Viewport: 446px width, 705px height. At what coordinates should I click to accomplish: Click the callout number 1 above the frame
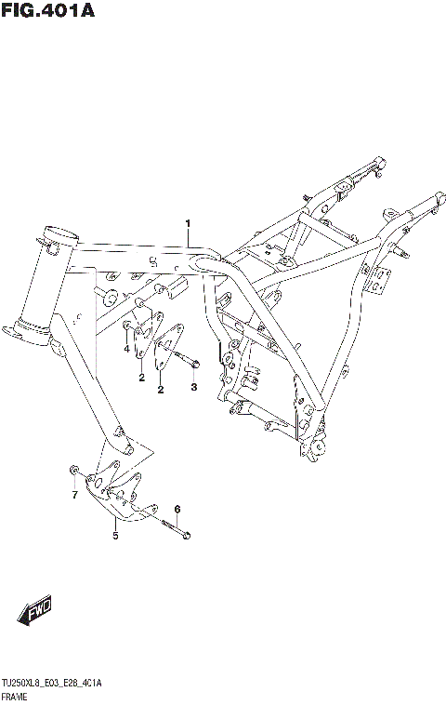coord(187,223)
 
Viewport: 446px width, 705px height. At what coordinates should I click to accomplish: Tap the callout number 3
coord(193,387)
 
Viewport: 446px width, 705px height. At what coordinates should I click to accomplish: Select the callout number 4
coord(127,349)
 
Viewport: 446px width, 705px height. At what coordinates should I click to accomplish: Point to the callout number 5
coord(115,536)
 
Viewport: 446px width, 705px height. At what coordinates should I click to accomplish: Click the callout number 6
coord(177,508)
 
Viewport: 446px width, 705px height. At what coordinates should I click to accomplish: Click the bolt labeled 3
coord(188,357)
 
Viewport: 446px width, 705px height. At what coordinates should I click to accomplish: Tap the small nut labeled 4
coord(126,325)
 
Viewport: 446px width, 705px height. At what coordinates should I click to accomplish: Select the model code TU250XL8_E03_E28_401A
coord(52,684)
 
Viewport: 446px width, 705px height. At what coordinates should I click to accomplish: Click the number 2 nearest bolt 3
coord(160,390)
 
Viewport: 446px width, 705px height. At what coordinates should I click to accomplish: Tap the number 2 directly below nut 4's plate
coord(141,378)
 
